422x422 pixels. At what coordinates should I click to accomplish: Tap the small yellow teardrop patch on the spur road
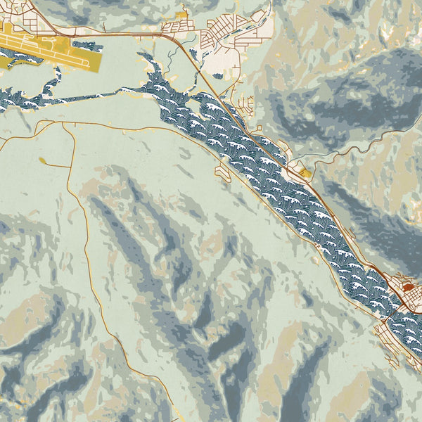(43, 162)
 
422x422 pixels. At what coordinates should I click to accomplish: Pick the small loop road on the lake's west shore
(223, 172)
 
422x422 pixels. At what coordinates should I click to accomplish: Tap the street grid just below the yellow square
(179, 28)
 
